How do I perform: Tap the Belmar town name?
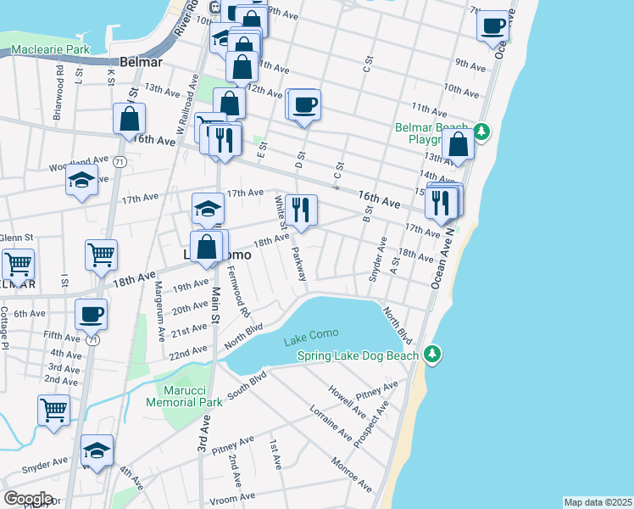pyautogui.click(x=147, y=64)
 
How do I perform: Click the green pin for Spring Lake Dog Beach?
pyautogui.click(x=433, y=352)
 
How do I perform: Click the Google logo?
pyautogui.click(x=28, y=499)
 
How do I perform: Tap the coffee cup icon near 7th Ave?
pyautogui.click(x=492, y=26)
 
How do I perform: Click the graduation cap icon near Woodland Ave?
pyautogui.click(x=81, y=180)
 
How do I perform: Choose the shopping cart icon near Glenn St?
pyautogui.click(x=18, y=263)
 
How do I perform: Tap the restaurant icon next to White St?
pyautogui.click(x=301, y=210)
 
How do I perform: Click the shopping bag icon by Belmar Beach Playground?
pyautogui.click(x=458, y=145)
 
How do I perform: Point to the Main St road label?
pyautogui.click(x=215, y=304)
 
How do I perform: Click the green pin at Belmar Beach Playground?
pyautogui.click(x=481, y=131)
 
